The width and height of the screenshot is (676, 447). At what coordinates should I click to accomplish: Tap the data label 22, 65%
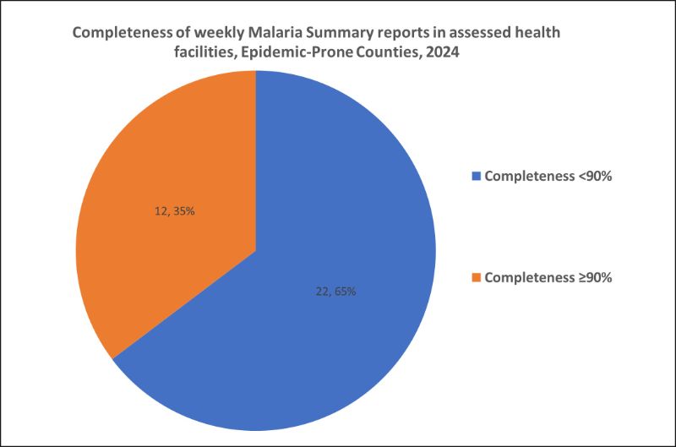point(333,292)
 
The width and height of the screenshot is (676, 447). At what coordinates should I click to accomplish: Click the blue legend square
point(477,177)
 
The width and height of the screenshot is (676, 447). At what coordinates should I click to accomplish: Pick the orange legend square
point(477,276)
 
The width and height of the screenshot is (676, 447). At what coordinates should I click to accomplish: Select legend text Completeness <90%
point(548,177)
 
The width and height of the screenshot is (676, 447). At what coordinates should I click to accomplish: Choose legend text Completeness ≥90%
point(548,276)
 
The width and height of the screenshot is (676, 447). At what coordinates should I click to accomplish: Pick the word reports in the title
point(401,32)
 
